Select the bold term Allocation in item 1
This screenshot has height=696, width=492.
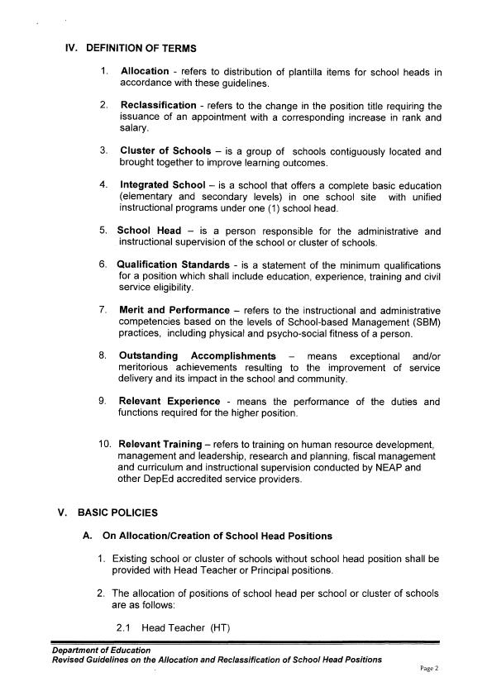tap(146, 72)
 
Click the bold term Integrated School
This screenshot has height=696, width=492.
tap(163, 185)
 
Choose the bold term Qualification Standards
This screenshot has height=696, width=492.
tap(174, 265)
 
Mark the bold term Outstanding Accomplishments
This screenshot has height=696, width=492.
tap(198, 355)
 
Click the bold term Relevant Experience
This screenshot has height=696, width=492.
tap(174, 401)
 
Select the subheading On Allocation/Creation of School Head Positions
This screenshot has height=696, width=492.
tap(217, 536)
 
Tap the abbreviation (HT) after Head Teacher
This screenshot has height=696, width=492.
tap(219, 628)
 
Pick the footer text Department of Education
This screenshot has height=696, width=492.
tap(95, 651)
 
